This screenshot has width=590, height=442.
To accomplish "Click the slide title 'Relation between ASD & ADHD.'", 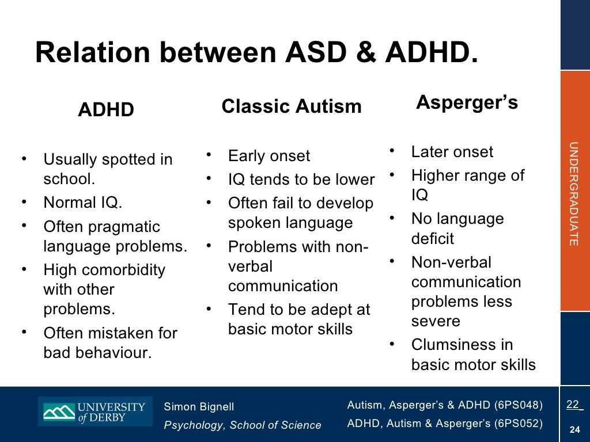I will pyautogui.click(x=256, y=53).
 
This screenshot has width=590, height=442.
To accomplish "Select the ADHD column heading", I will pyautogui.click(x=106, y=109).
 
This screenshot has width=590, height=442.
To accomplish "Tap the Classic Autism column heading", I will pyautogui.click(x=292, y=106).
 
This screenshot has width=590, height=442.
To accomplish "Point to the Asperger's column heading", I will pyautogui.click(x=467, y=102).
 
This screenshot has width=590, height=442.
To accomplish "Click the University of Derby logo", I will pyautogui.click(x=95, y=411).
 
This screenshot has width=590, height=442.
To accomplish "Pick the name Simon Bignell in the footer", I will pyautogui.click(x=199, y=407).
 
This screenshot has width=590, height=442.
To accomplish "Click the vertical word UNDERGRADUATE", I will pyautogui.click(x=573, y=194).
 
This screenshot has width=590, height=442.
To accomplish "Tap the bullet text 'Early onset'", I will pyautogui.click(x=268, y=156).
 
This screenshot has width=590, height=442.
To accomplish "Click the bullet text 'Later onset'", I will pyautogui.click(x=452, y=152).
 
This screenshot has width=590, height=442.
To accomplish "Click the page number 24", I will pyautogui.click(x=574, y=429).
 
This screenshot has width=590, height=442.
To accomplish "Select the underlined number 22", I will pyautogui.click(x=572, y=405).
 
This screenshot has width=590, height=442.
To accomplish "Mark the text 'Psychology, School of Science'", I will pyautogui.click(x=243, y=425).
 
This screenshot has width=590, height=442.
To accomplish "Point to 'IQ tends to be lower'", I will pyautogui.click(x=301, y=180).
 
